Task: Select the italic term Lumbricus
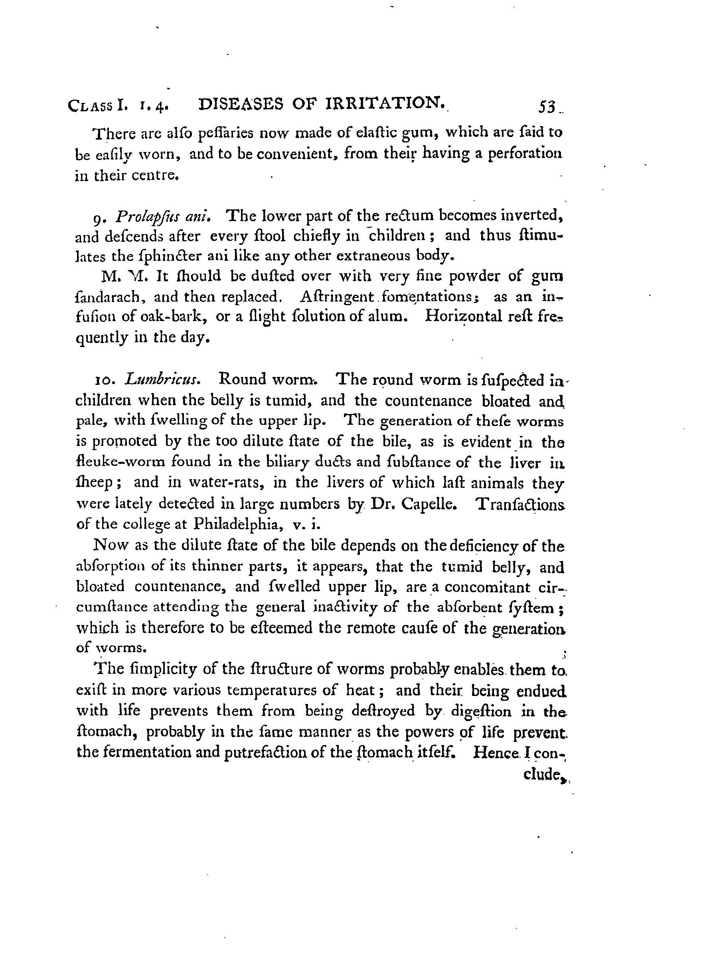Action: click(162, 379)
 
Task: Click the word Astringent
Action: click(336, 297)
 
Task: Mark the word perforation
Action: click(525, 154)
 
